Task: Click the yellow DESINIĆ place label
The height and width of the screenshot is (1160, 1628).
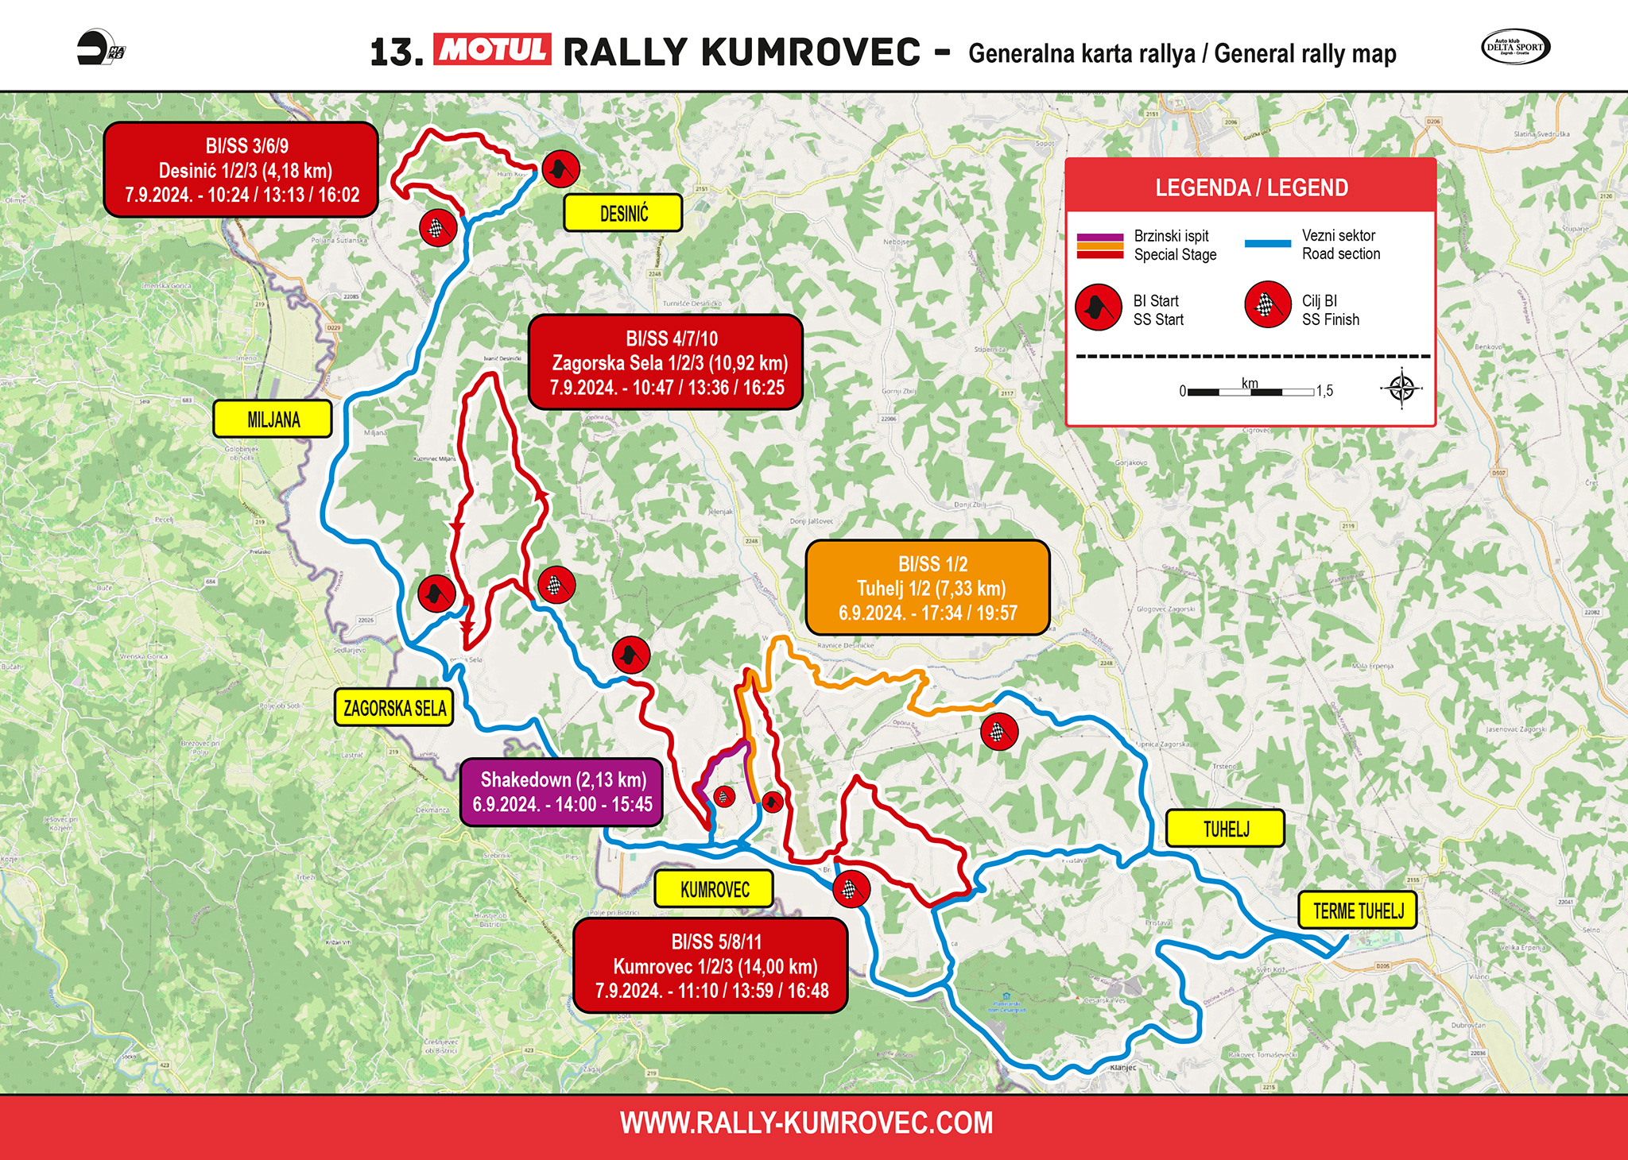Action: click(x=622, y=213)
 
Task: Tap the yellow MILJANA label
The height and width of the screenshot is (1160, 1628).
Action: click(x=273, y=419)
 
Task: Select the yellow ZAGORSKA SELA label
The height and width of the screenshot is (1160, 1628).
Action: click(x=394, y=707)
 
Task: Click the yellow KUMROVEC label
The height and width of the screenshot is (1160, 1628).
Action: click(x=714, y=889)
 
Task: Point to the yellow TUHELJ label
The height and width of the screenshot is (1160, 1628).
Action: click(x=1225, y=829)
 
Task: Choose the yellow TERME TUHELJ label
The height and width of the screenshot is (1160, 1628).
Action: click(x=1358, y=911)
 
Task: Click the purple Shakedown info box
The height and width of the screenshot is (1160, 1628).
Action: click(x=562, y=792)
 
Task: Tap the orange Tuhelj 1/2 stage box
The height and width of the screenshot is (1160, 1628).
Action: click(x=928, y=588)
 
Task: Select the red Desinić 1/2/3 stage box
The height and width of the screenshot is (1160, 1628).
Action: click(x=241, y=170)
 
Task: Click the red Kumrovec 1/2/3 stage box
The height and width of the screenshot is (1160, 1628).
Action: click(x=711, y=965)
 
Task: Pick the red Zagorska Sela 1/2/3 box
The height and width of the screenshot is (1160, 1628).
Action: click(x=666, y=362)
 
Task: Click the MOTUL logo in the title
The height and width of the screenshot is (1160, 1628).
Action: click(x=492, y=50)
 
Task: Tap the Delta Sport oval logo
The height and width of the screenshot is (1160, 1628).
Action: click(x=1515, y=47)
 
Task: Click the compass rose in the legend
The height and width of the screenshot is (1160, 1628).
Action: click(x=1401, y=389)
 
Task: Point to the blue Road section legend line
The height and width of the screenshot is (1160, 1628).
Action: click(x=1267, y=244)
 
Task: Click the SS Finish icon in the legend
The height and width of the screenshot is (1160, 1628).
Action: click(x=1268, y=305)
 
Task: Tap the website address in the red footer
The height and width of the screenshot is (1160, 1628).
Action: click(x=806, y=1123)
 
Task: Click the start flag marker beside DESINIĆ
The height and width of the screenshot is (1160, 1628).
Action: click(x=560, y=169)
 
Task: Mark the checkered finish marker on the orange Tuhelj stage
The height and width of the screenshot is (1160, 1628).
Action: click(x=999, y=732)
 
